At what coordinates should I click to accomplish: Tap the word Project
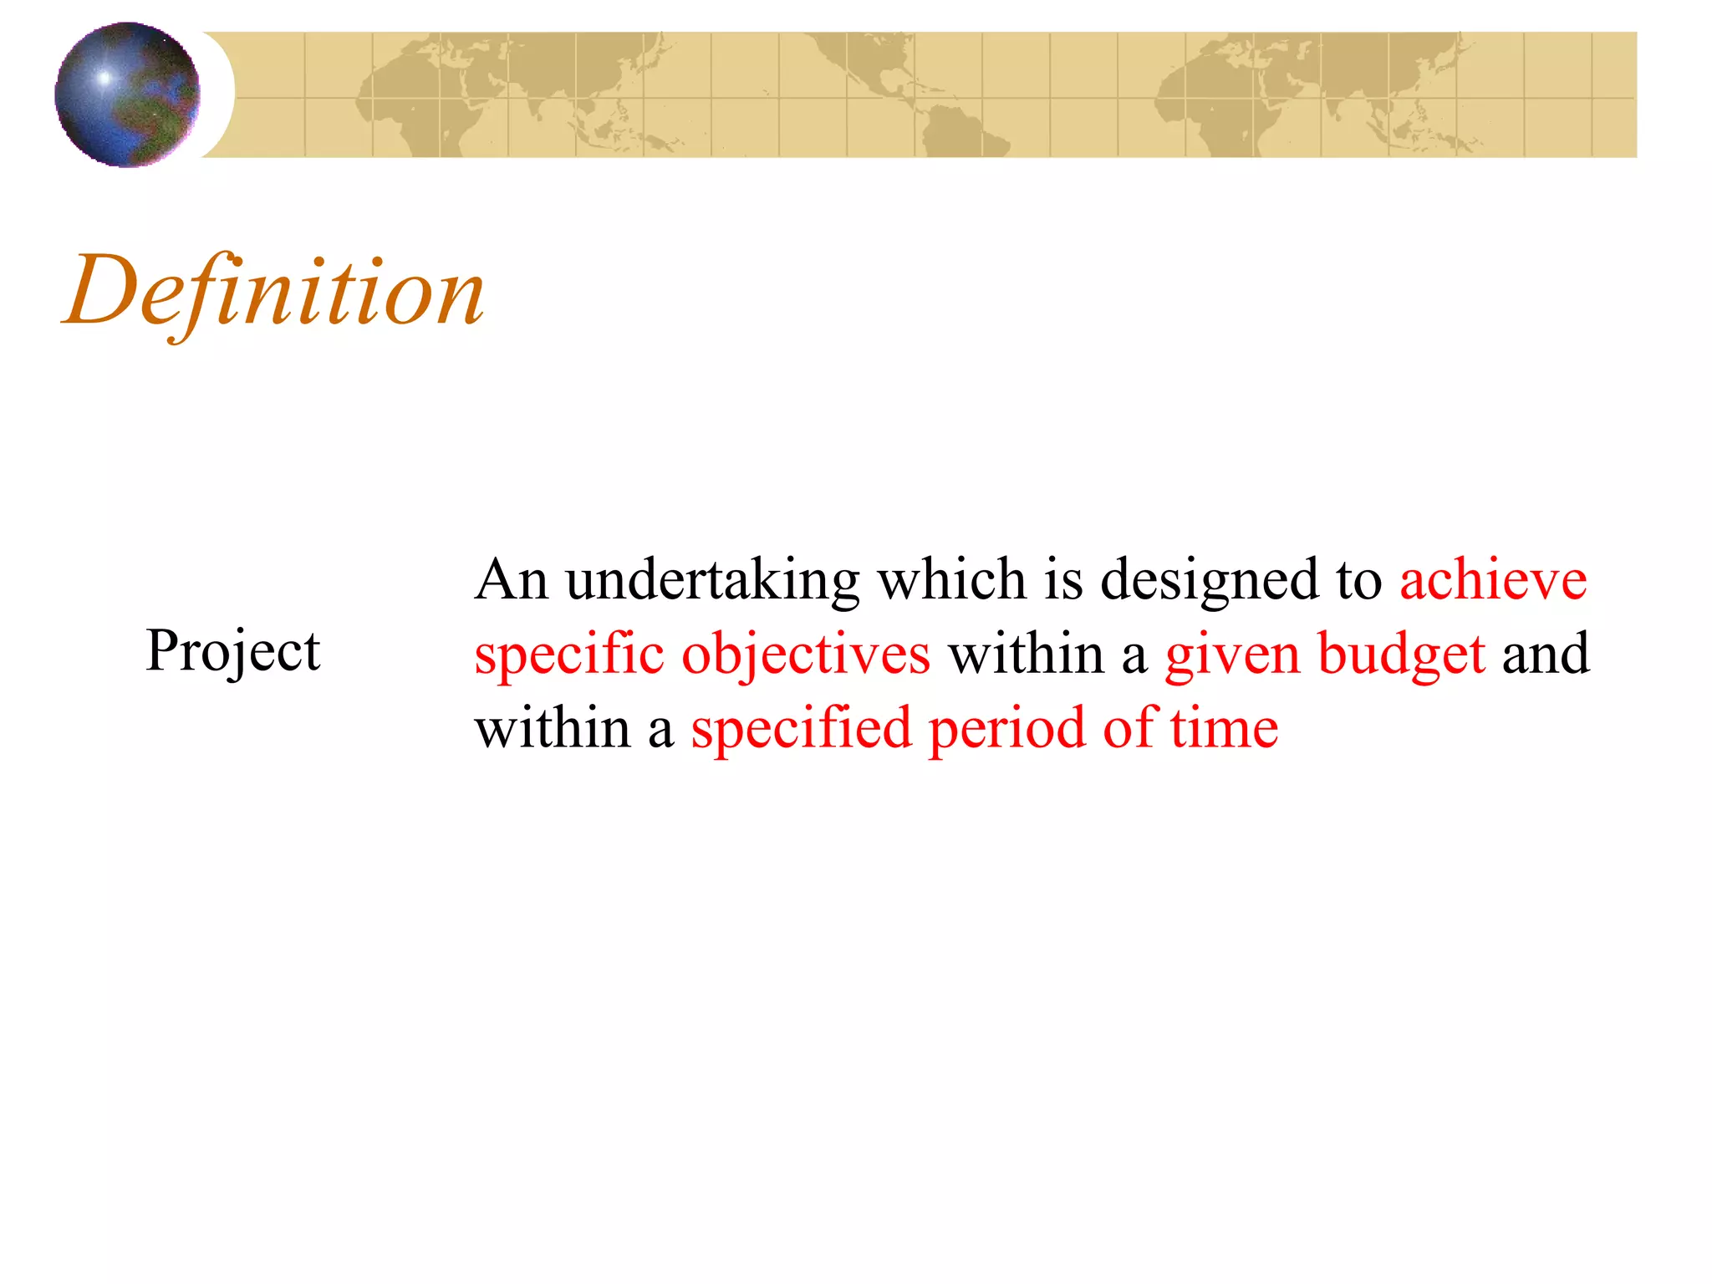[232, 651]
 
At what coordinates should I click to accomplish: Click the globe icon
[127, 94]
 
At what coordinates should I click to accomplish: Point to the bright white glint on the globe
[104, 78]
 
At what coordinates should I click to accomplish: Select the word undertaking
[712, 580]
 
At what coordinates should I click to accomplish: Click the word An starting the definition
[511, 580]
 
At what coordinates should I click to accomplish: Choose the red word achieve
[1493, 580]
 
